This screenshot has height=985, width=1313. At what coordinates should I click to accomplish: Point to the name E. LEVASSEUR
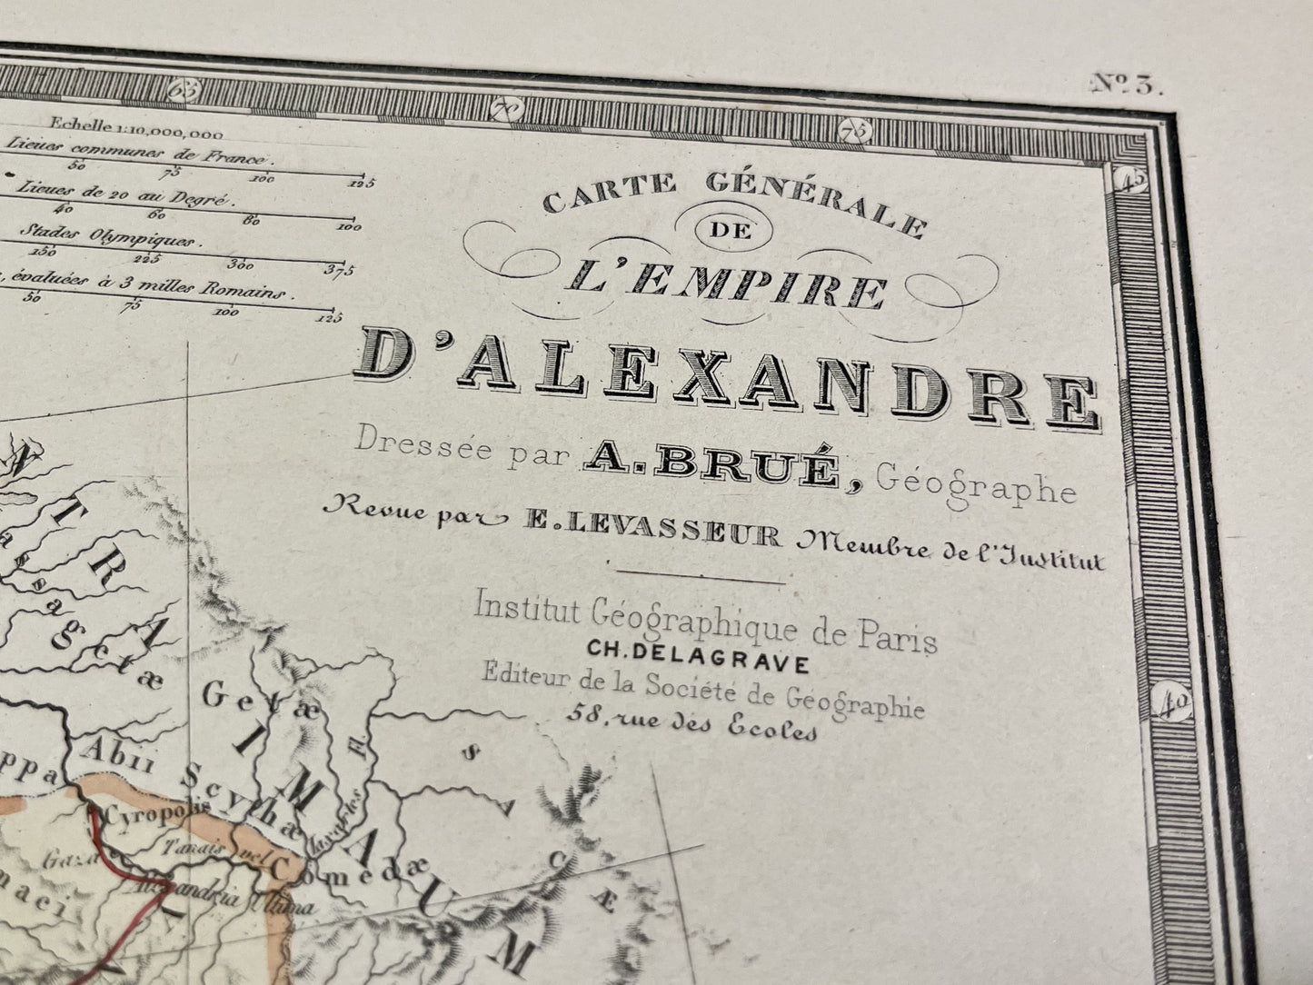(x=651, y=534)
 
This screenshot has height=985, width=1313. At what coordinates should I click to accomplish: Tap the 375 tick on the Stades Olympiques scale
(x=340, y=268)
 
